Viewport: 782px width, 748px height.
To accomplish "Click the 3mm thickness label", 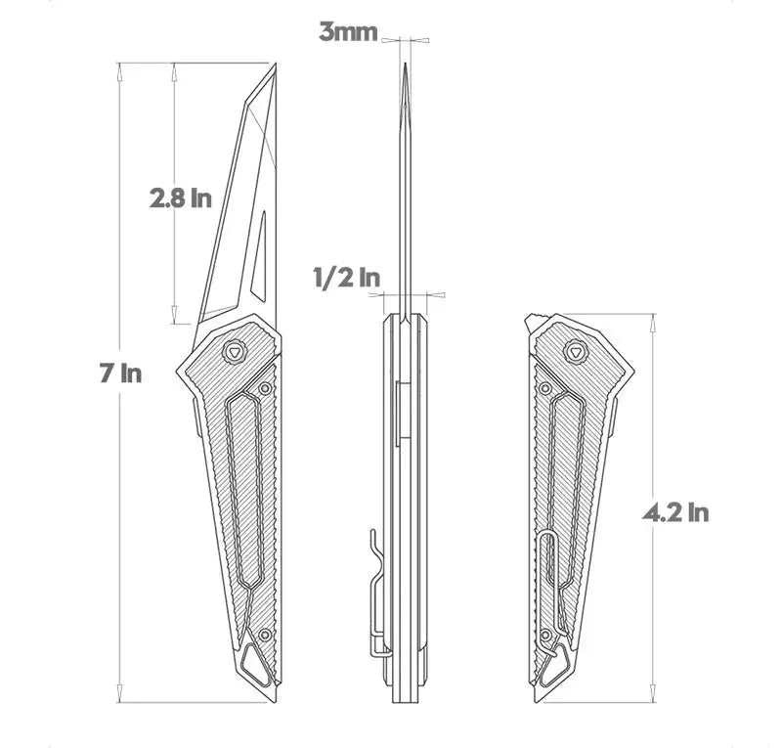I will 348,32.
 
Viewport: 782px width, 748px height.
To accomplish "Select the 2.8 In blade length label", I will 181,198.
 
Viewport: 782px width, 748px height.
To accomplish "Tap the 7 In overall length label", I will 120,373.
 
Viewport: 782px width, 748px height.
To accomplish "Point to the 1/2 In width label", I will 346,277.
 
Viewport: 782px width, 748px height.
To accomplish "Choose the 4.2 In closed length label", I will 674,511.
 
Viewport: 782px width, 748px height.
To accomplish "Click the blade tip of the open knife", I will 275,66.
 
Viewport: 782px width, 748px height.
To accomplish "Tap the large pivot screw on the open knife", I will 235,352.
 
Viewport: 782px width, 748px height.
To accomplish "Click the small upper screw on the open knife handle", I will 264,388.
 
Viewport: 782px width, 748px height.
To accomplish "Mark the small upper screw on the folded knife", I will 545,389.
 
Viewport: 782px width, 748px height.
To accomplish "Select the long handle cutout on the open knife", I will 244,489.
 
